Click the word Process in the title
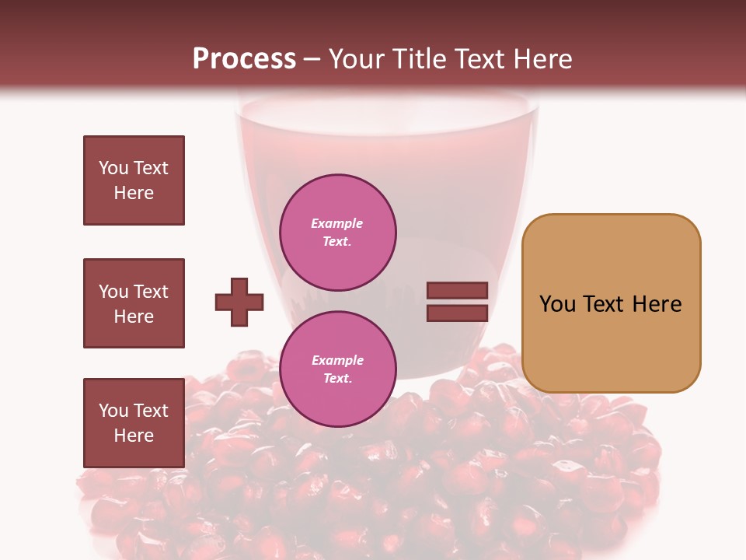click(x=244, y=58)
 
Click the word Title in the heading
click(x=420, y=58)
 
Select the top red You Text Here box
click(x=134, y=180)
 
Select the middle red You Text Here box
click(x=134, y=303)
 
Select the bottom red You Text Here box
click(x=134, y=423)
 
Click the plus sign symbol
click(x=239, y=302)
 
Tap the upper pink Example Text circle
click(x=338, y=233)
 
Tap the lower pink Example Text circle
click(x=338, y=369)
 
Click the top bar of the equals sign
click(x=457, y=291)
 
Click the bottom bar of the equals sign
click(x=457, y=313)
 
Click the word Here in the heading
click(x=541, y=58)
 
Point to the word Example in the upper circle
click(x=337, y=223)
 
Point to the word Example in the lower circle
click(x=337, y=360)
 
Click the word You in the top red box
click(x=113, y=168)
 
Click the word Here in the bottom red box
click(x=134, y=436)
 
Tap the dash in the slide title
click(x=312, y=59)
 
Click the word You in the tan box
click(x=557, y=304)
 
